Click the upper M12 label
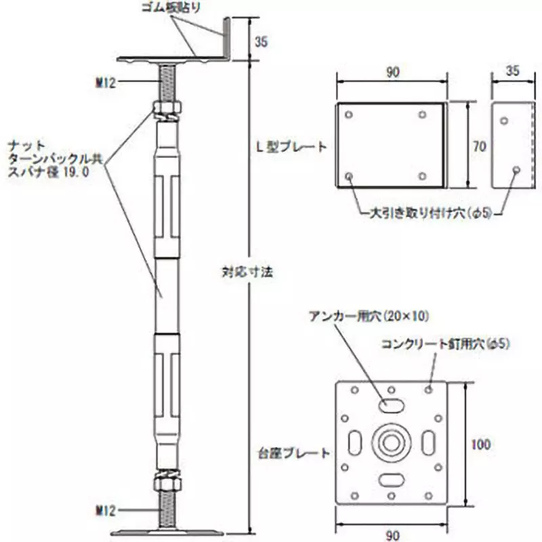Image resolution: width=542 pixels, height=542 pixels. [107, 83]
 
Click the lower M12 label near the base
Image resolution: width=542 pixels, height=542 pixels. [107, 507]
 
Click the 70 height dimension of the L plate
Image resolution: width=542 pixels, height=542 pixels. [479, 146]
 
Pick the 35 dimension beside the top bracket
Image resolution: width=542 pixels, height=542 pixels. [262, 41]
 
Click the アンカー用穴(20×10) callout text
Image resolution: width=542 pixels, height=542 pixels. [369, 316]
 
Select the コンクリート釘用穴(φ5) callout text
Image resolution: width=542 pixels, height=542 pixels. [444, 344]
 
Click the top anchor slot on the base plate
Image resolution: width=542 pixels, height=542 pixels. [392, 404]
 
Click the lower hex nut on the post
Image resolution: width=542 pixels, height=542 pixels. [165, 482]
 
